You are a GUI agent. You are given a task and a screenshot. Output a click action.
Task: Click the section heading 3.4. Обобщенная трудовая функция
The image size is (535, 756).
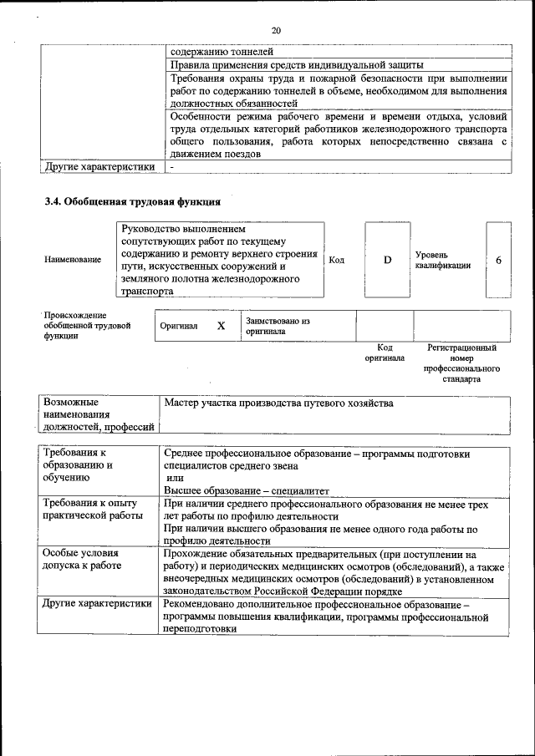tap(132, 201)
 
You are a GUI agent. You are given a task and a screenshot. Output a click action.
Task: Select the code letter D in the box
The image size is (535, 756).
tap(387, 260)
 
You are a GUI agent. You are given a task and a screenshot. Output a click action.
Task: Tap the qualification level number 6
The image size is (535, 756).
tap(498, 260)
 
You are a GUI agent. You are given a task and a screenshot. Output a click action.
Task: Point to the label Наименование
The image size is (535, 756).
tap(73, 260)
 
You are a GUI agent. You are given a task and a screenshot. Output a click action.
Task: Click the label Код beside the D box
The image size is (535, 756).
tap(337, 260)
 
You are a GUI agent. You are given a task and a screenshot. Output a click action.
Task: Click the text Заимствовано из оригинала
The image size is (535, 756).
tap(278, 326)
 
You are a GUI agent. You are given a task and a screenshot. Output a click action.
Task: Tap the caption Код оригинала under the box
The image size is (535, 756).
tap(385, 353)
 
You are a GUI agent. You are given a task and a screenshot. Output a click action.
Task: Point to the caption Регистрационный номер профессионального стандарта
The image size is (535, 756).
tap(461, 363)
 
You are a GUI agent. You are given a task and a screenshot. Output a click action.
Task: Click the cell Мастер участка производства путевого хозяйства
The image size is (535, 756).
tap(278, 403)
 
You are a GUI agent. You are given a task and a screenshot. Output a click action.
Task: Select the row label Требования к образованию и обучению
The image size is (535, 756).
tap(78, 465)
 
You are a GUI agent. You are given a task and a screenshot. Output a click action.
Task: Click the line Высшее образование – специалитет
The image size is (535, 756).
tap(247, 490)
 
